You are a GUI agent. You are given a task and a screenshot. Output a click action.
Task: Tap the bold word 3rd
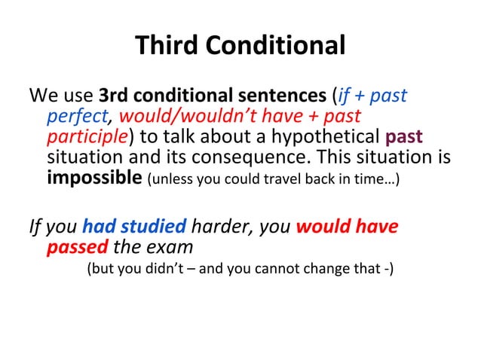coord(116,96)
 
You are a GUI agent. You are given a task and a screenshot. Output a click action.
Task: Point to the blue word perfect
coord(78,117)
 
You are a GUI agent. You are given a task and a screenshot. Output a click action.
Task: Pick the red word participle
coord(87,139)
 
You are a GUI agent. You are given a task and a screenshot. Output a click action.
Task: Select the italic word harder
coord(219,226)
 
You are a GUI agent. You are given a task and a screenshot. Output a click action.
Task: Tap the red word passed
coord(78,247)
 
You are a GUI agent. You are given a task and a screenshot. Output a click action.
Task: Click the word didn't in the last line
coord(161,269)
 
